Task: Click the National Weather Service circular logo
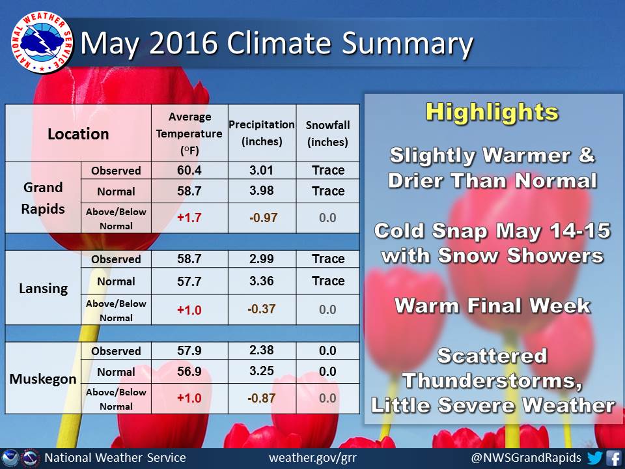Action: point(42,43)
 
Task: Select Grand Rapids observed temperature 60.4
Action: point(189,170)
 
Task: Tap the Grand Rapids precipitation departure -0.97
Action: point(262,218)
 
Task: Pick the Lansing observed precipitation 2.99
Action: point(262,259)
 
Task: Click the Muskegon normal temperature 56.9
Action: point(189,371)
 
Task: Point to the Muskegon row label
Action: point(43,378)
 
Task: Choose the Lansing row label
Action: point(43,288)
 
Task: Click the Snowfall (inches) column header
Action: point(327,134)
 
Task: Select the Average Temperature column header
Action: point(189,134)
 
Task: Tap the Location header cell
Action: point(78,134)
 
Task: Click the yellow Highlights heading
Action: point(492,112)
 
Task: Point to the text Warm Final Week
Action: point(493,306)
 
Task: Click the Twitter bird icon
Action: point(594,457)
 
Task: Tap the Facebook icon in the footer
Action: point(613,457)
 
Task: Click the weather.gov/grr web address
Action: point(312,458)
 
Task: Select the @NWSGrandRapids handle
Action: point(526,457)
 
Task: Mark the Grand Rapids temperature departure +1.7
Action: point(189,218)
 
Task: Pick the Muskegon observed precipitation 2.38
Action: point(262,350)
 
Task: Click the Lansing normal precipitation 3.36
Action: point(262,281)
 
